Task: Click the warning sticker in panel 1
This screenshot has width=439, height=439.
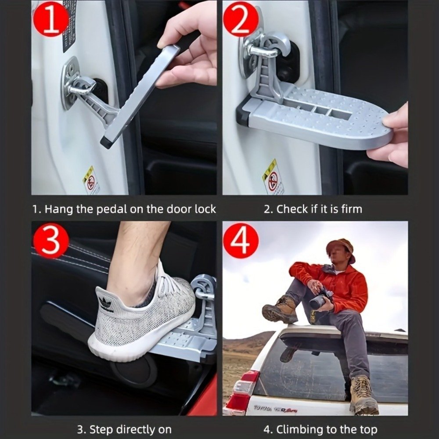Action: click(91, 180)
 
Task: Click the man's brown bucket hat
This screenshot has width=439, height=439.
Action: click(342, 248)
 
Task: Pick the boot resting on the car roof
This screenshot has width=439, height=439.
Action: click(280, 310)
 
